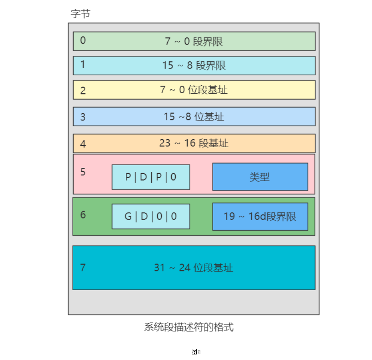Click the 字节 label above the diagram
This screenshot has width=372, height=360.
pyautogui.click(x=80, y=14)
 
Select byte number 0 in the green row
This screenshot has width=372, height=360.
pyautogui.click(x=83, y=40)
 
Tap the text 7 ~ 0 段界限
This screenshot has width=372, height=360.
pyautogui.click(x=194, y=41)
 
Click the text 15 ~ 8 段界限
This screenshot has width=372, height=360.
pyautogui.click(x=194, y=65)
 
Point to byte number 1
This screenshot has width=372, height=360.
pyautogui.click(x=83, y=64)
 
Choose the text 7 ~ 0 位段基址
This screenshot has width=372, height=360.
pyautogui.click(x=194, y=90)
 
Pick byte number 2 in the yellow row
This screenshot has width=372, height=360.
pyautogui.click(x=83, y=90)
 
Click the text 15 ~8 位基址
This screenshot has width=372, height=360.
pyautogui.click(x=194, y=116)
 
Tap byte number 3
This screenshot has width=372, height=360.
pyautogui.click(x=83, y=117)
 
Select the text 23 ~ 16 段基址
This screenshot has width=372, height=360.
pyautogui.click(x=194, y=143)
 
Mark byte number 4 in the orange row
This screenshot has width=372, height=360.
pyautogui.click(x=83, y=144)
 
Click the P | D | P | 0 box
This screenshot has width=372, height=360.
pyautogui.click(x=151, y=177)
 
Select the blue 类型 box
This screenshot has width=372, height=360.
pyautogui.click(x=260, y=177)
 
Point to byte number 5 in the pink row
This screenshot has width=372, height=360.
pyautogui.click(x=83, y=172)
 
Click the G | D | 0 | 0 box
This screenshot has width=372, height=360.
pyautogui.click(x=151, y=216)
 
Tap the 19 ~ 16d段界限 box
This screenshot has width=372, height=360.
pyautogui.click(x=260, y=216)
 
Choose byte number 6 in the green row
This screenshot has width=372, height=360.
pyautogui.click(x=83, y=215)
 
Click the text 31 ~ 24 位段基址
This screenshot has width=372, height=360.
pyautogui.click(x=194, y=268)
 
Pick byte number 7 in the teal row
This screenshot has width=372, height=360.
pyautogui.click(x=83, y=268)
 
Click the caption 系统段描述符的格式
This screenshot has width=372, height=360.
pyautogui.click(x=188, y=328)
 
